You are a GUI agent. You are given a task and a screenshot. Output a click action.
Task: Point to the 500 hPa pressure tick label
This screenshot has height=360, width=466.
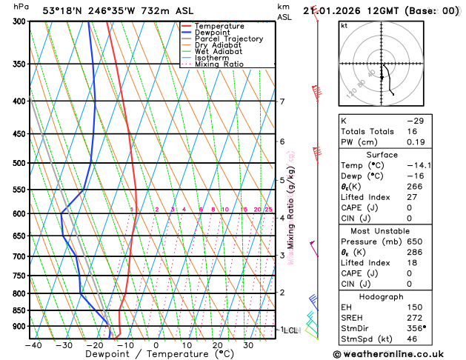click(19, 163)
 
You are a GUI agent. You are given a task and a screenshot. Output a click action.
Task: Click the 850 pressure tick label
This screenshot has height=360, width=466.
click(19, 310)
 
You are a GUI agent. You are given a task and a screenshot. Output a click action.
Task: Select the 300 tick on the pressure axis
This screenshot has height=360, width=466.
click(19, 21)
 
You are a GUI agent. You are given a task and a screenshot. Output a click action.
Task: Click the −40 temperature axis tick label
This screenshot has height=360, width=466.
click(33, 345)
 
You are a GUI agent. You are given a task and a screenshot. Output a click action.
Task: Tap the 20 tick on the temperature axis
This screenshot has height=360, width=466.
click(217, 345)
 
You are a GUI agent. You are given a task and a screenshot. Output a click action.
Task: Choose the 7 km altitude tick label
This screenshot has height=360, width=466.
click(282, 101)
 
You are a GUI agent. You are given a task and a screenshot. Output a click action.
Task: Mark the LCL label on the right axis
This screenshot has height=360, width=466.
click(290, 330)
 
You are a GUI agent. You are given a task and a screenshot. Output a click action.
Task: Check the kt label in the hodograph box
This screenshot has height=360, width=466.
click(344, 25)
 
